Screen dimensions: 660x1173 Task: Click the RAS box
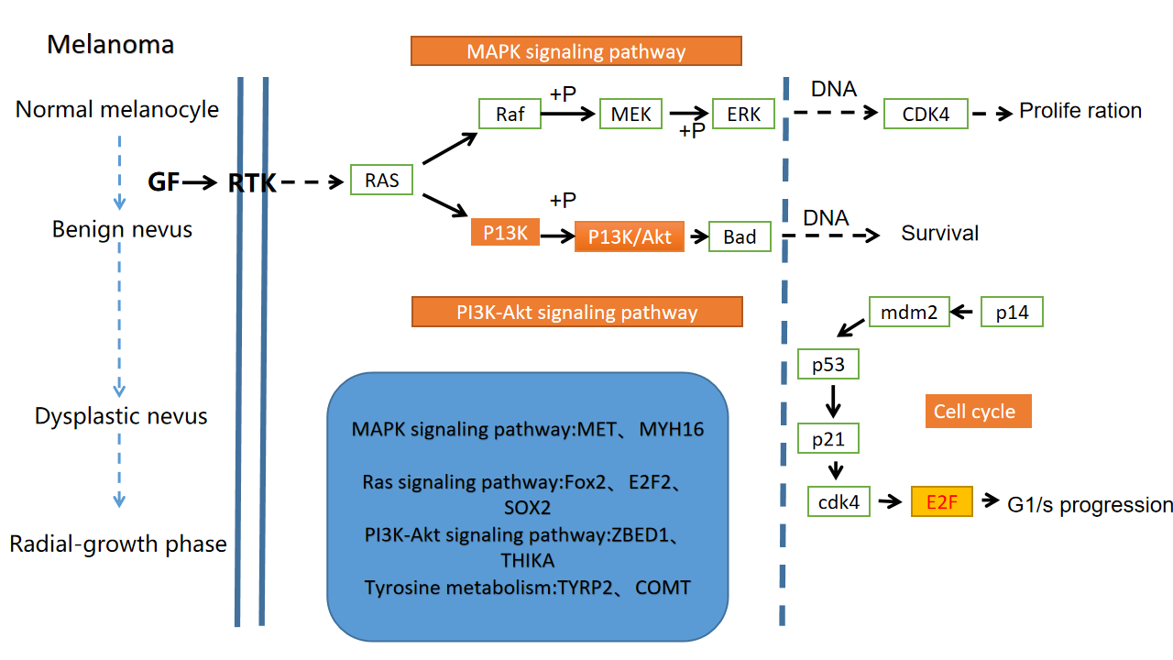[382, 180]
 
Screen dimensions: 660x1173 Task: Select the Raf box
[510, 115]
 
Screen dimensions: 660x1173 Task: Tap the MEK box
[630, 115]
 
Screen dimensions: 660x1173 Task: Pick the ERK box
[743, 115]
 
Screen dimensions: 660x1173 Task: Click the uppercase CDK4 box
[926, 115]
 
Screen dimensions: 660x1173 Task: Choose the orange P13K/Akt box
[630, 236]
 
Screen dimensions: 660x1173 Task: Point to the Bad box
[740, 236]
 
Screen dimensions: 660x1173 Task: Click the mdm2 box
[908, 313]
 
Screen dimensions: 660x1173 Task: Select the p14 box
[1012, 313]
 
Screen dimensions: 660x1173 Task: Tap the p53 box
[828, 366]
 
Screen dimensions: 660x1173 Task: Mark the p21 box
[828, 439]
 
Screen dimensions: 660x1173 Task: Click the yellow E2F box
[941, 501]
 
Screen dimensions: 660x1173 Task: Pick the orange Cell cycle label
[979, 411]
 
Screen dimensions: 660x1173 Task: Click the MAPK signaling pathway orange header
[576, 51]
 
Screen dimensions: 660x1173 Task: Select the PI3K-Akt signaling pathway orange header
[577, 313]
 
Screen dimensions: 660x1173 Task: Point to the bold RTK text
[252, 183]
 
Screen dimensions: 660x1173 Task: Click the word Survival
[940, 234]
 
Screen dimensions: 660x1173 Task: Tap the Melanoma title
[111, 44]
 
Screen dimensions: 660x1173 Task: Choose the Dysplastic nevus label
[121, 416]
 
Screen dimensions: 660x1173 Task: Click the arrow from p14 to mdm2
[962, 313]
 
